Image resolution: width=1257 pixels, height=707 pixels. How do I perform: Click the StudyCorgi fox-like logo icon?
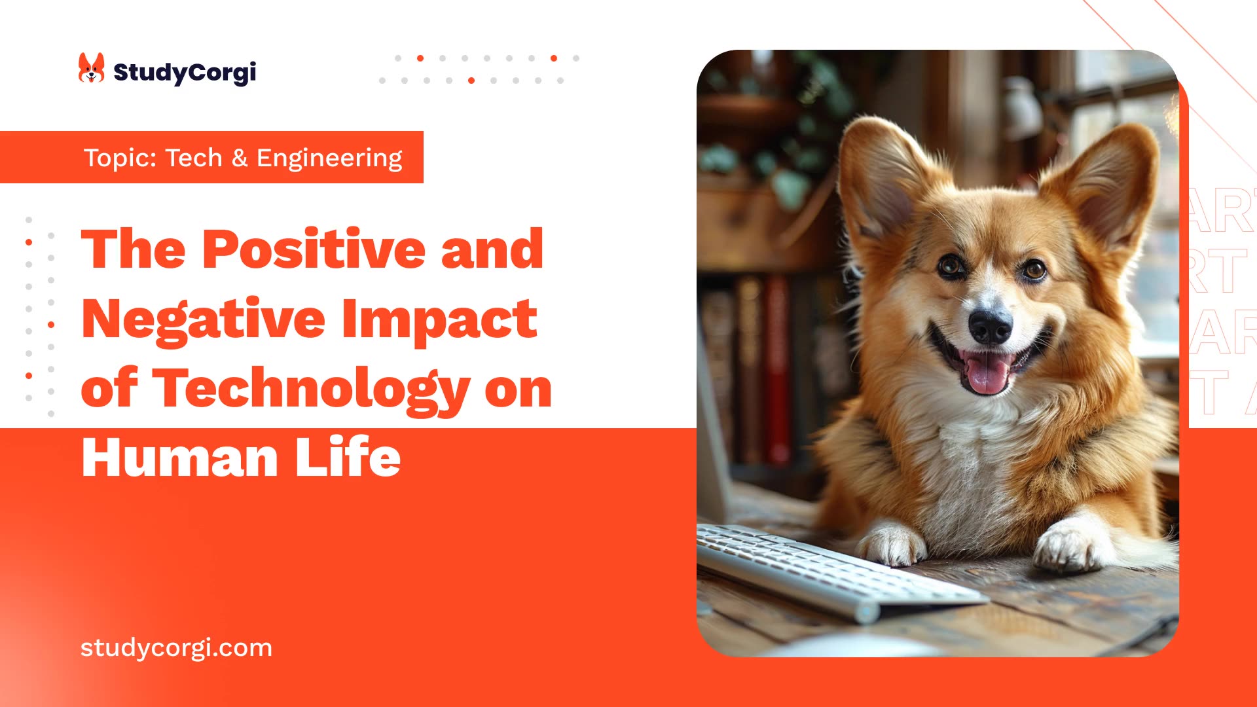point(91,68)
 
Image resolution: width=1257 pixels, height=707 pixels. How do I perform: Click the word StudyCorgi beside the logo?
point(185,72)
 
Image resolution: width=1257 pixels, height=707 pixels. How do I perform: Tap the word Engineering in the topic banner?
point(329,158)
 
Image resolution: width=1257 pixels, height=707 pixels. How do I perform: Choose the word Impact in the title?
point(439,319)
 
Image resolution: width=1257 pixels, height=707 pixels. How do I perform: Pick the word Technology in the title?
point(311,389)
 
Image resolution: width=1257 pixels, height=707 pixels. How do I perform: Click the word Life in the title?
point(348,458)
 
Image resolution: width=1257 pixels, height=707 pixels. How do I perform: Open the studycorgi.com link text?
point(176,647)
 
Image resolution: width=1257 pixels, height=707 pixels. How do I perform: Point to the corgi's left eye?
point(950,265)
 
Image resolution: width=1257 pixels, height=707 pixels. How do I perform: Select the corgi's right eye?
point(1034,269)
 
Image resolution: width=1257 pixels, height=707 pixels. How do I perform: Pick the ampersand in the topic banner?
point(240,158)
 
